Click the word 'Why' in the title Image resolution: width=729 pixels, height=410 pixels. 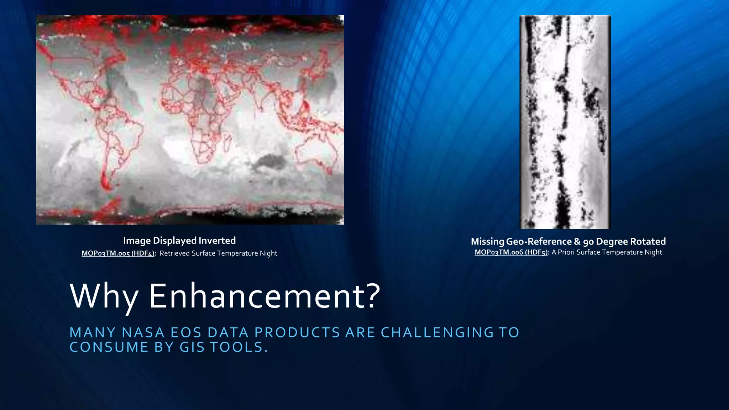[104, 296]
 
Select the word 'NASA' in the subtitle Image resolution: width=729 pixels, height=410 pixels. [143, 332]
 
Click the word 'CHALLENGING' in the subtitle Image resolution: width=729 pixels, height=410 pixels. [437, 332]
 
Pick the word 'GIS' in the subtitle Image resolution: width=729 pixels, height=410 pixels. [192, 347]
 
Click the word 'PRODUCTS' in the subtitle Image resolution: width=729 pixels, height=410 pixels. [297, 332]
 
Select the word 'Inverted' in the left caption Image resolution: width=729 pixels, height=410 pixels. [217, 241]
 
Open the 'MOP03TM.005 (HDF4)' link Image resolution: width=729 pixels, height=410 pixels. [119, 253]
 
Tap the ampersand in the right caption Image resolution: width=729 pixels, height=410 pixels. [577, 242]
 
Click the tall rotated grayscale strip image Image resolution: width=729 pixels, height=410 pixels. [565, 122]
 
